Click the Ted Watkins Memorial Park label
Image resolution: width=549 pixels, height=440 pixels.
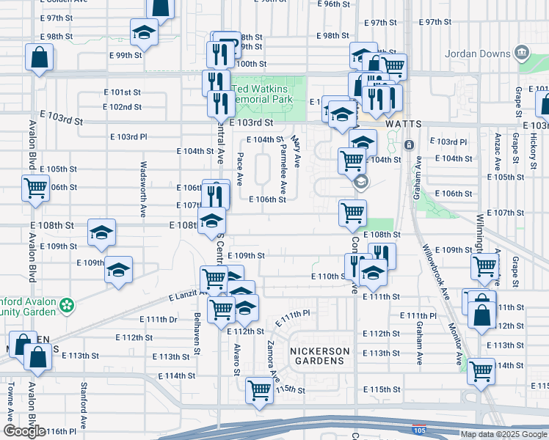tap(262, 95)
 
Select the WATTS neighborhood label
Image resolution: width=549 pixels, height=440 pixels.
tap(403, 124)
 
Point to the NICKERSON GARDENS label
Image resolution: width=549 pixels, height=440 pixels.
tap(319, 356)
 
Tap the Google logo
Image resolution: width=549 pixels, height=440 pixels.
tap(25, 431)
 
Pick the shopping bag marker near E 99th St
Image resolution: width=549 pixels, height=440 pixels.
tap(39, 56)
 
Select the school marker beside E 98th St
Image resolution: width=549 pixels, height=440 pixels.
tap(145, 32)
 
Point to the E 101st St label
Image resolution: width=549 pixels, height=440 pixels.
tap(121, 92)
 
